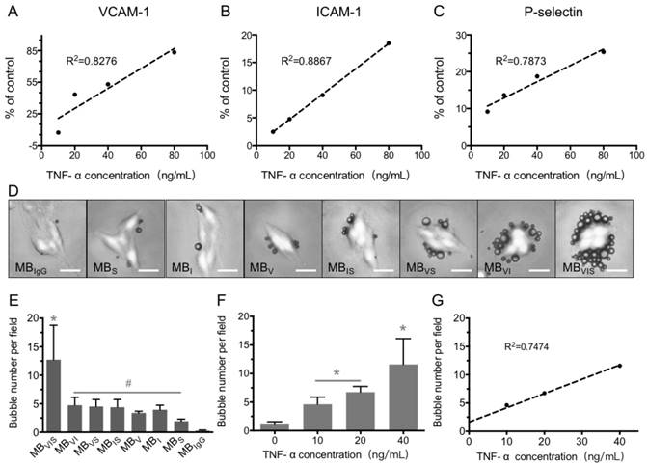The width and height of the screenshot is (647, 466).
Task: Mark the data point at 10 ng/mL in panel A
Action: click(x=58, y=132)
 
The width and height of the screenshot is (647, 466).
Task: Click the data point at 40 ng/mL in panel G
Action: click(x=619, y=365)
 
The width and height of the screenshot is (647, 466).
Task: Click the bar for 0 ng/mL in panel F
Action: click(x=269, y=426)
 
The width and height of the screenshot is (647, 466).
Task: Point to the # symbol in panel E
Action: click(x=129, y=383)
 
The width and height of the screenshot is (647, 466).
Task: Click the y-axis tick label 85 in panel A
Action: click(x=32, y=49)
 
